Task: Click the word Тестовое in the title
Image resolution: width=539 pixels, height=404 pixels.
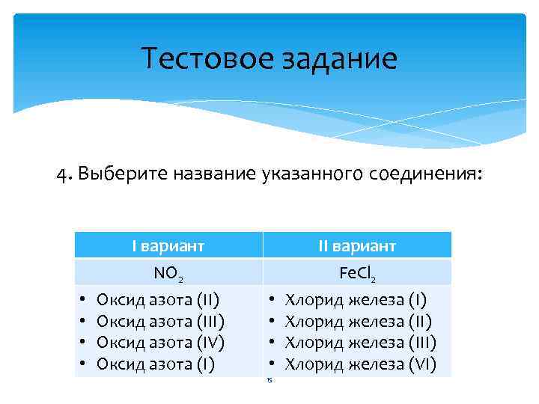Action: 195,59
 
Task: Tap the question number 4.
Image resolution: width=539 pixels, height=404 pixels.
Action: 61,174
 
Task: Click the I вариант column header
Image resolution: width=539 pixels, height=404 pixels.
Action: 168,245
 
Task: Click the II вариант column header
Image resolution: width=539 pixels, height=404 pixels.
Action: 357,245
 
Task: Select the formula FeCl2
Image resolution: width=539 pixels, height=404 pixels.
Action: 357,274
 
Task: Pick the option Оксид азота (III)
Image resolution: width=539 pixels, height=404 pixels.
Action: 161,322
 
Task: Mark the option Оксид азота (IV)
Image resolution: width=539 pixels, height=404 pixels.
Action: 161,343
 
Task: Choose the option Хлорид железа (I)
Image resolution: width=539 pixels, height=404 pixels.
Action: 356,302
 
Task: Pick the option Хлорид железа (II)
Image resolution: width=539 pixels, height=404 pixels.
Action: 359,322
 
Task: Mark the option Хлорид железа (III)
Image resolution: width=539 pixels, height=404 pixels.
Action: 361,343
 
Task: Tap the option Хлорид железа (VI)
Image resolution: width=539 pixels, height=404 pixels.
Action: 361,364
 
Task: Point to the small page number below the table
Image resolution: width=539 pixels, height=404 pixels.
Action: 269,381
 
